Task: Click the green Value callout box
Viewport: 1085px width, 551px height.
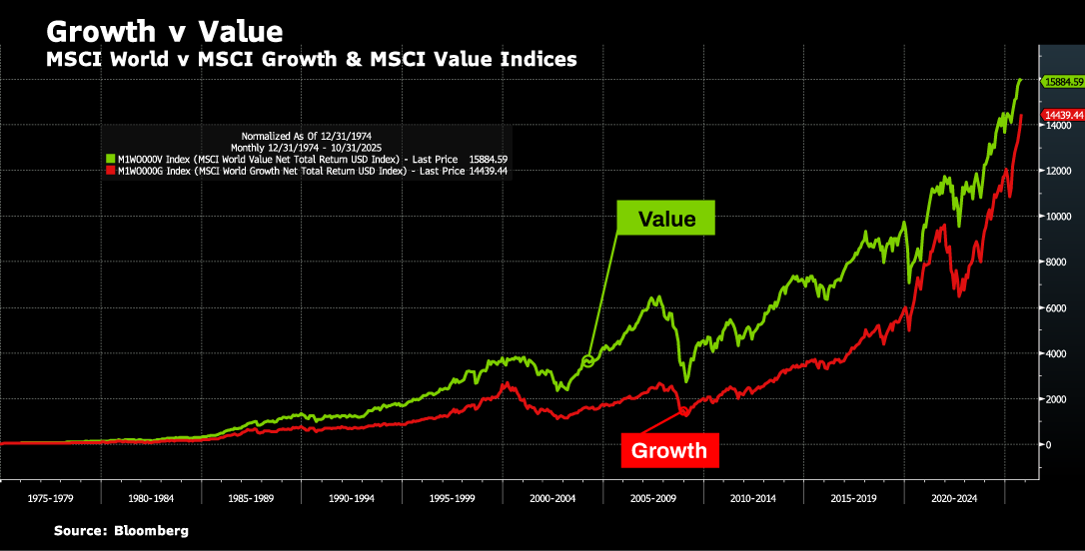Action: click(666, 219)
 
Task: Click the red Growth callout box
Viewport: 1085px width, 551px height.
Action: click(668, 450)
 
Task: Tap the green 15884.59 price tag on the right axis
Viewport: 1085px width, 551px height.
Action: click(1063, 81)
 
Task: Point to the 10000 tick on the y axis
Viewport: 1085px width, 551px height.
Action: click(1056, 217)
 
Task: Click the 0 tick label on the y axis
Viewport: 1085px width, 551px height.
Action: click(1048, 445)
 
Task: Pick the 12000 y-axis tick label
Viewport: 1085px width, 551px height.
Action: click(1056, 172)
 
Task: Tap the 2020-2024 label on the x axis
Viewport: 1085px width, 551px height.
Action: click(952, 496)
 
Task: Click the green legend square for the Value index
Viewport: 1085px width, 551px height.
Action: click(111, 159)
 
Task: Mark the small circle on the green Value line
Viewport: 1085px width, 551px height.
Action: click(588, 360)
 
